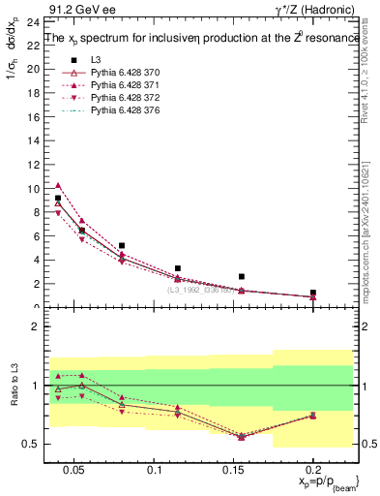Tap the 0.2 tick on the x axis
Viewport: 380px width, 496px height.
pos(313,471)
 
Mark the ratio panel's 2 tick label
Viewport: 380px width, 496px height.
pos(31,326)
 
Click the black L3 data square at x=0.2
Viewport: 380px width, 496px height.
pos(312,292)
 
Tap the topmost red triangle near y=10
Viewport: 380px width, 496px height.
pos(58,185)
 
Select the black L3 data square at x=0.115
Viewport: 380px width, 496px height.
pos(178,268)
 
